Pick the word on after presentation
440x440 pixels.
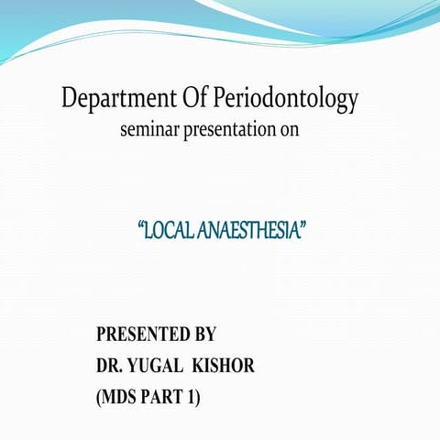click(290, 130)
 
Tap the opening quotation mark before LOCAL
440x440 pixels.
click(139, 225)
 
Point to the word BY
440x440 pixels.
click(203, 335)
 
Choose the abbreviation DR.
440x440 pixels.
click(110, 367)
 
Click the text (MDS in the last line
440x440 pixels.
click(118, 399)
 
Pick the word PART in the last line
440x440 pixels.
click(169, 399)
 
